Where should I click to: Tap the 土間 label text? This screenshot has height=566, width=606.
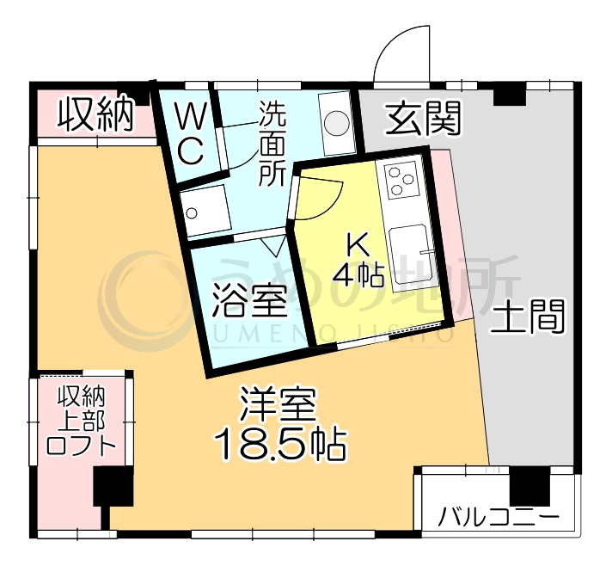[528, 317]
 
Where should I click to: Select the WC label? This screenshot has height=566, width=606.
[190, 133]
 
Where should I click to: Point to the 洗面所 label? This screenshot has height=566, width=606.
[273, 144]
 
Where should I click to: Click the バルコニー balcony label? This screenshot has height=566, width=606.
[499, 518]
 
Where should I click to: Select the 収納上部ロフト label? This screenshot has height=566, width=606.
[81, 421]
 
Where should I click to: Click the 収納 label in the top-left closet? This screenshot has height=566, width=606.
[95, 114]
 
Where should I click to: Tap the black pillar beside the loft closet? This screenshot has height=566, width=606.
[113, 487]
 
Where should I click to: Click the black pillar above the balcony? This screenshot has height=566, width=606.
[529, 487]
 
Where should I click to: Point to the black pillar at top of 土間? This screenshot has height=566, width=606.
[509, 94]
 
